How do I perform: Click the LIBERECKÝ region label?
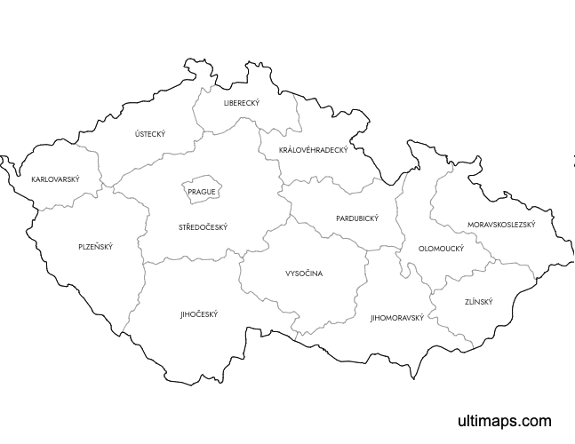(x=242, y=103)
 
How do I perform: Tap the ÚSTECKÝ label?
(x=150, y=134)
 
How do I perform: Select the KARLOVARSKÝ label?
(x=55, y=179)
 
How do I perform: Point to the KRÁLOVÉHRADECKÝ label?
(x=313, y=150)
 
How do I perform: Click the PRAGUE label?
(x=202, y=192)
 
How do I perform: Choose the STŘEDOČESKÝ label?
(x=203, y=227)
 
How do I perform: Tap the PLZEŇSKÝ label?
(x=95, y=246)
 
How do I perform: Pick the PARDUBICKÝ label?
(x=357, y=218)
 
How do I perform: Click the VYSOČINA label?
(x=304, y=274)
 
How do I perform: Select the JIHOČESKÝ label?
(x=198, y=313)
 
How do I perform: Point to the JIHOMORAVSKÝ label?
(x=397, y=317)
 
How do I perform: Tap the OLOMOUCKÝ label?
(x=442, y=249)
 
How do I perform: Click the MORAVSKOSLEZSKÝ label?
(x=501, y=225)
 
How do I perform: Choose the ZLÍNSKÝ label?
(x=478, y=302)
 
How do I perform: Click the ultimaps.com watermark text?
(x=504, y=421)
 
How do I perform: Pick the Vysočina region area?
(x=302, y=293)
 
